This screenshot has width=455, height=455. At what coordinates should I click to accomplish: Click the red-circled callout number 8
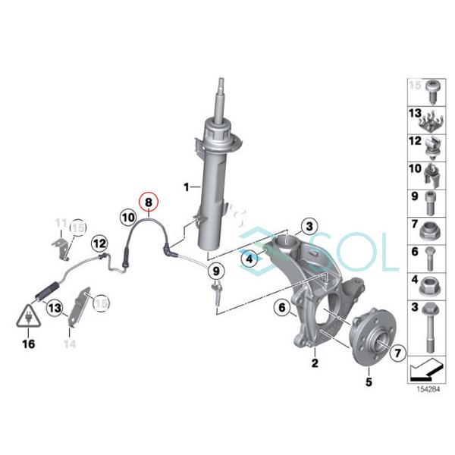tap(149, 202)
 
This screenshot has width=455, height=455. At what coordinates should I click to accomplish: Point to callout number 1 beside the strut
tap(184, 185)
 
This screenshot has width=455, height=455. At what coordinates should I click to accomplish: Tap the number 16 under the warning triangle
tap(30, 343)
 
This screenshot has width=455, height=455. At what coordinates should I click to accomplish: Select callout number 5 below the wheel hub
tap(369, 381)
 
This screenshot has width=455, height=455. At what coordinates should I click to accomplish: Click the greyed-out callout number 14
tap(70, 344)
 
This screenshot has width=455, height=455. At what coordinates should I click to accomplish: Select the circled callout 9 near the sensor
tap(215, 271)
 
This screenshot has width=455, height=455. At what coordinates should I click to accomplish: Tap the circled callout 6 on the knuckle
tap(281, 308)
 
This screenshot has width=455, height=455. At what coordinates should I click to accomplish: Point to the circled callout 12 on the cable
tap(99, 243)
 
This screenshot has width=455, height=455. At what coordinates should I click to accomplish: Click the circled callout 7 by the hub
tap(399, 352)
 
